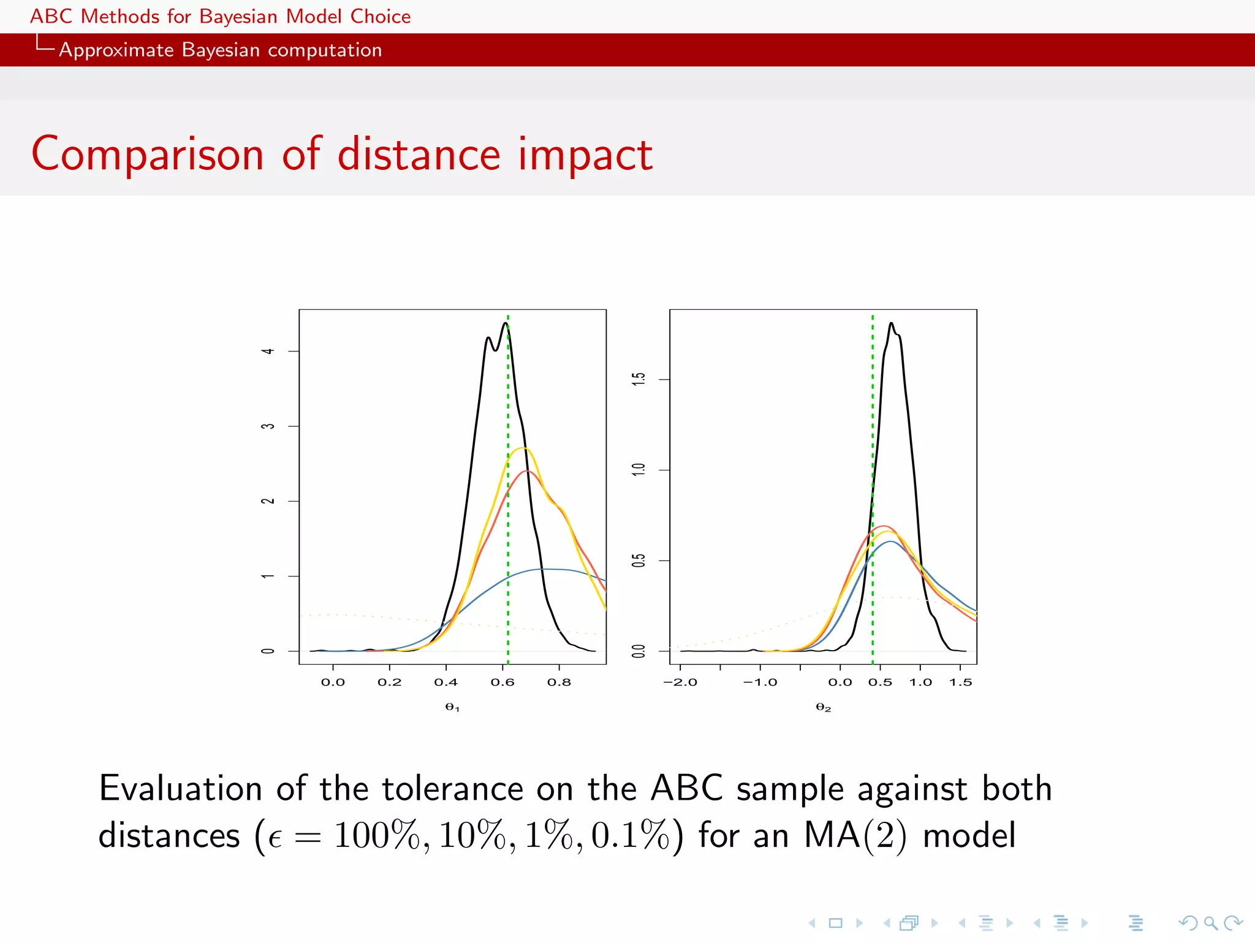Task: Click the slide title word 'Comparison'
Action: coord(147,155)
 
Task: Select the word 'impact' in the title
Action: coord(585,155)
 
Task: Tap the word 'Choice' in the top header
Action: coord(380,17)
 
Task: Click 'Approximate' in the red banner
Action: coord(116,50)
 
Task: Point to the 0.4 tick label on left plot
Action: coord(446,682)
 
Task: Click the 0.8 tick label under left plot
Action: coord(558,682)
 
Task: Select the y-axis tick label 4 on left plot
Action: coord(268,351)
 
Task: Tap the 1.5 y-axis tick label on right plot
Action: coord(639,379)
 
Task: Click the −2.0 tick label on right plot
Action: coord(680,682)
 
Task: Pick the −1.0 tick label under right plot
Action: coord(760,682)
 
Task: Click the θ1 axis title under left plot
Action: coord(452,707)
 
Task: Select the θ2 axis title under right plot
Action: coord(823,707)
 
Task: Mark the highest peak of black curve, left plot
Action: coord(506,323)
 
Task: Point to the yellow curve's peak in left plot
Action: coord(522,448)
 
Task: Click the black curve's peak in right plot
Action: coord(891,323)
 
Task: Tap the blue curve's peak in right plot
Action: coord(890,542)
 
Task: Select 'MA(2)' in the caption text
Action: coord(855,836)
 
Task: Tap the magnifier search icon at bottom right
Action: coord(1210,923)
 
